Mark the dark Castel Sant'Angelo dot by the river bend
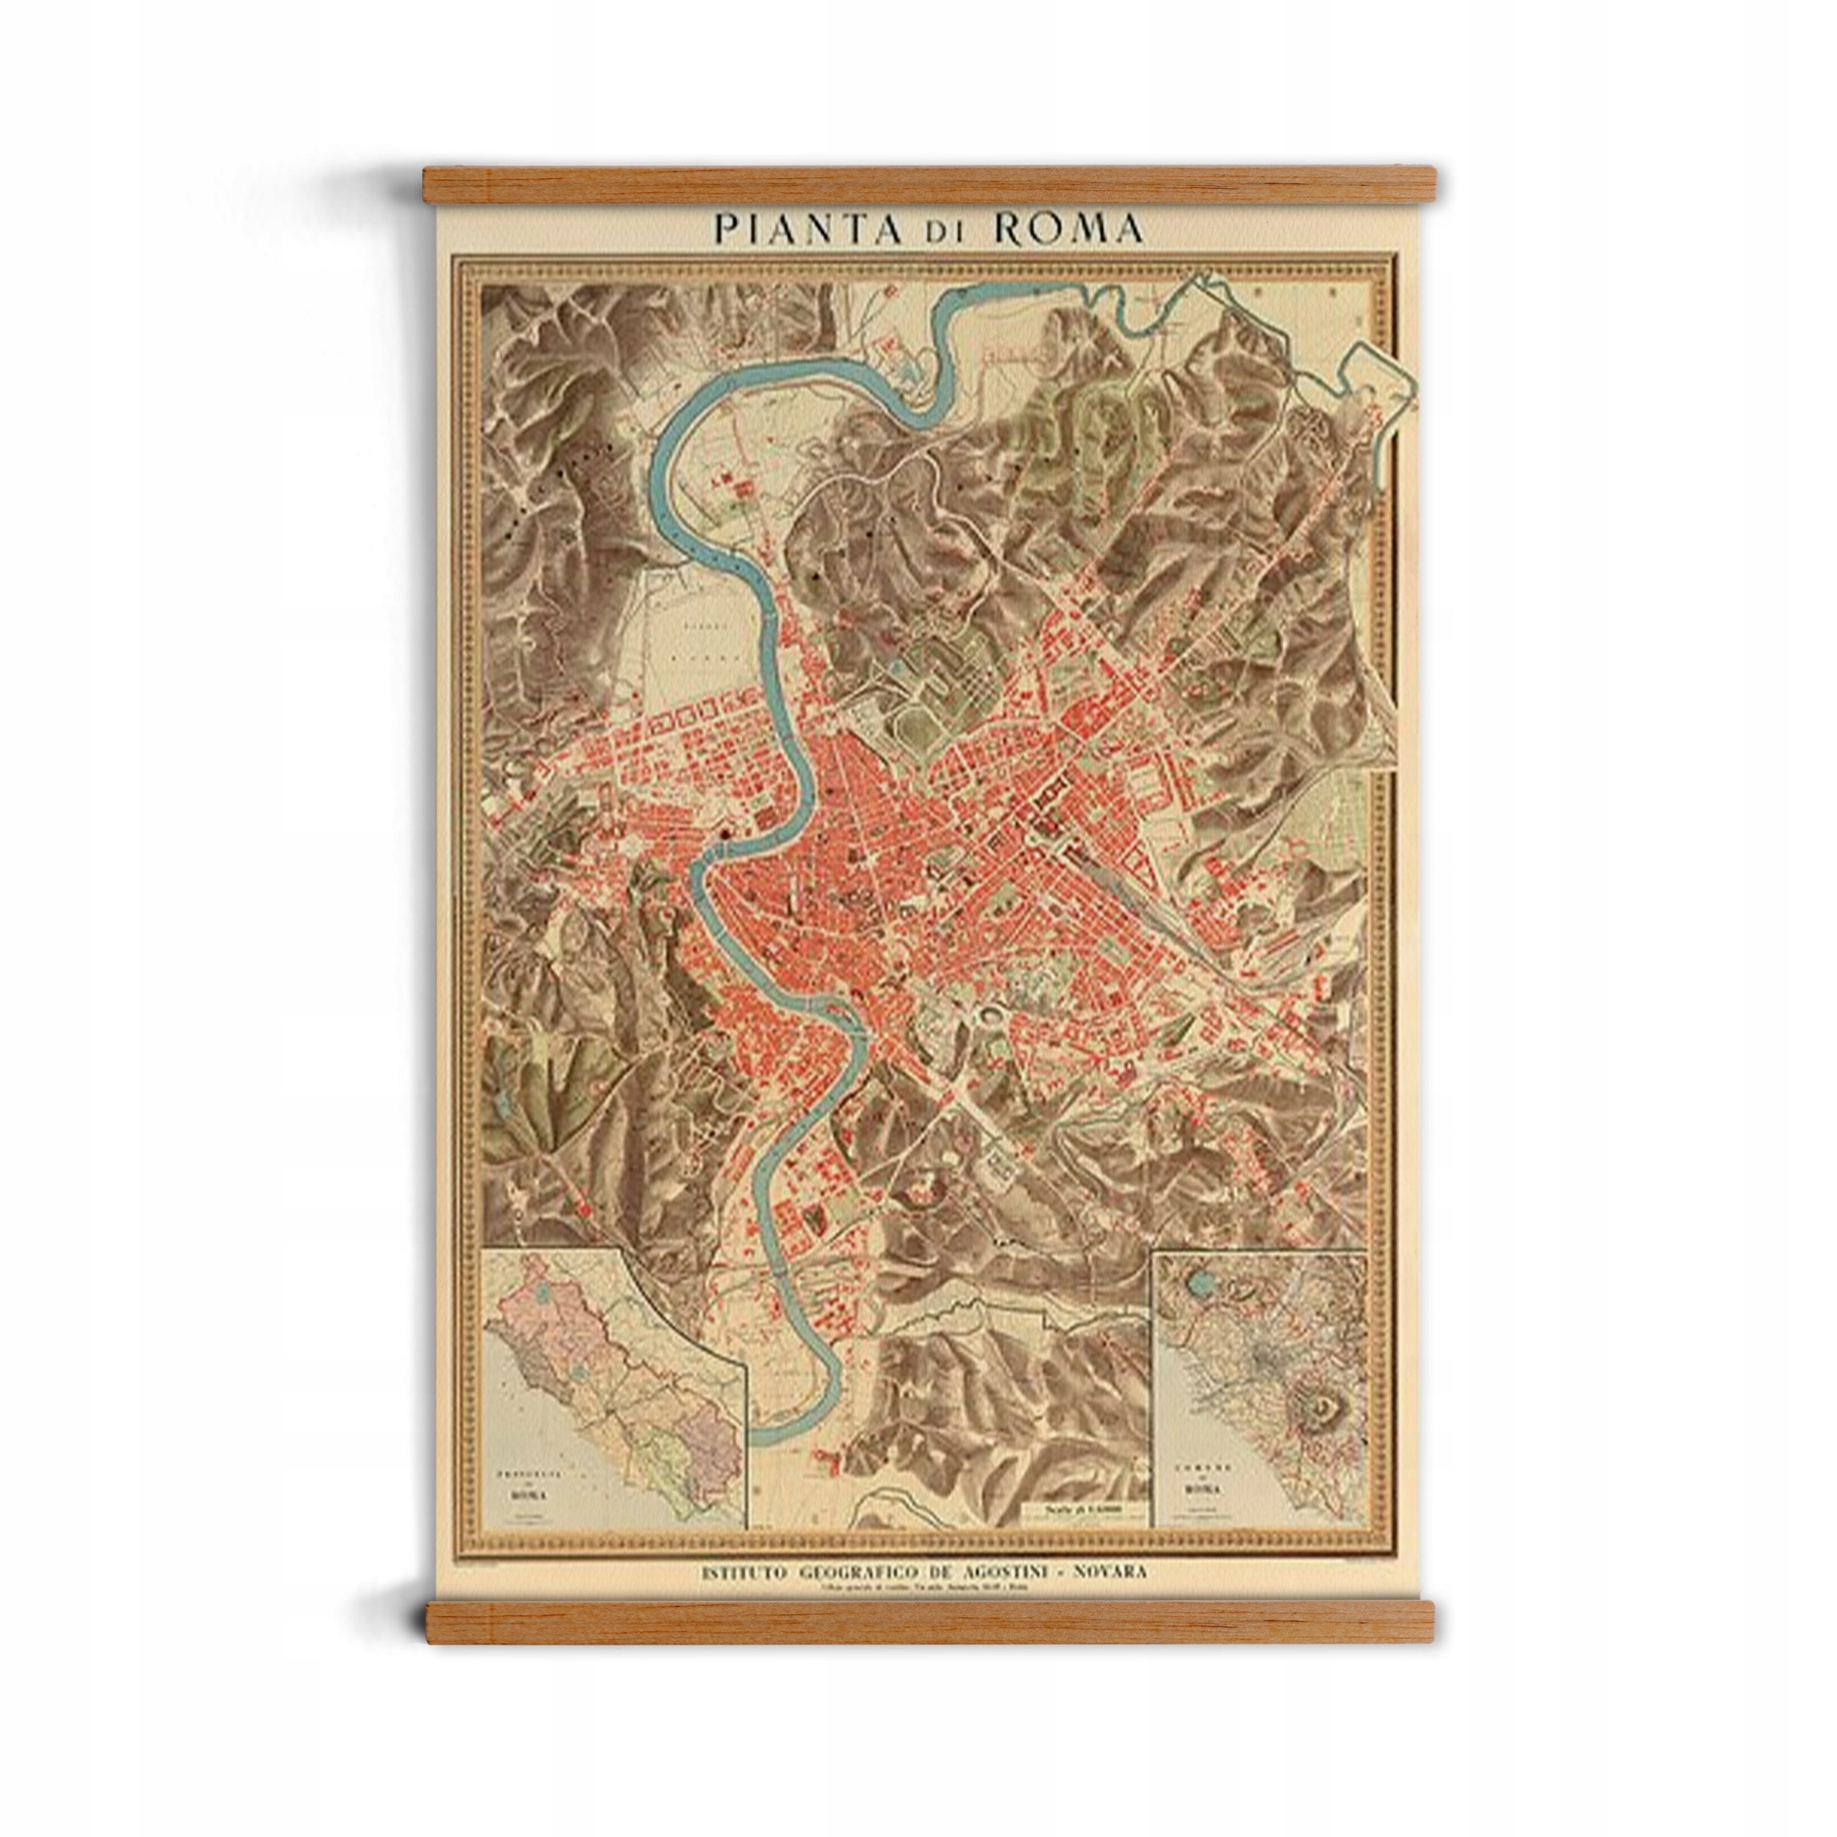coord(728,833)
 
